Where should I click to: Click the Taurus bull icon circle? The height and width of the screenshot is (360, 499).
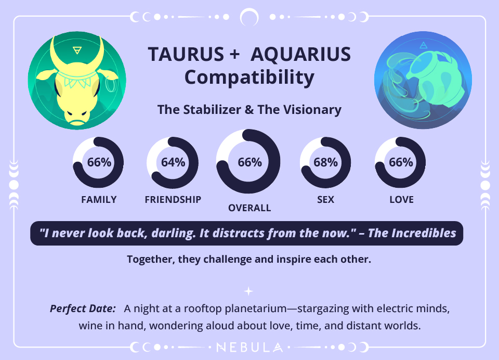(x=77, y=81)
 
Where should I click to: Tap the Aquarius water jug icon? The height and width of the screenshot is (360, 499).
(x=423, y=81)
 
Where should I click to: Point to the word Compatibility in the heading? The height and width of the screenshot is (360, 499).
(x=249, y=78)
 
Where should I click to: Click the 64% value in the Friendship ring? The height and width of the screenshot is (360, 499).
(x=173, y=162)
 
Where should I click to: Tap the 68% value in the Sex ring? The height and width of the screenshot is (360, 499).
(x=326, y=162)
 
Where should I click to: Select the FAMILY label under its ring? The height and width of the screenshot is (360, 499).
(x=99, y=200)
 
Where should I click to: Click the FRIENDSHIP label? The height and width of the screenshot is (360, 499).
(x=173, y=200)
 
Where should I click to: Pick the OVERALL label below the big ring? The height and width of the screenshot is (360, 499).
(x=249, y=208)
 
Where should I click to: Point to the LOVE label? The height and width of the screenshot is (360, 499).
(x=401, y=200)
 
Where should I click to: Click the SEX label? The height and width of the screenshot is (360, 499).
(x=326, y=200)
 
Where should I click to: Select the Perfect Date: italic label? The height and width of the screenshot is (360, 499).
(x=83, y=308)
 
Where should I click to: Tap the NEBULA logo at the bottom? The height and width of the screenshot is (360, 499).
(x=249, y=347)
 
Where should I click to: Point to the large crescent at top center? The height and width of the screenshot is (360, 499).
(x=249, y=17)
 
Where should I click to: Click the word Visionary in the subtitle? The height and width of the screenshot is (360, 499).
(x=313, y=110)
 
